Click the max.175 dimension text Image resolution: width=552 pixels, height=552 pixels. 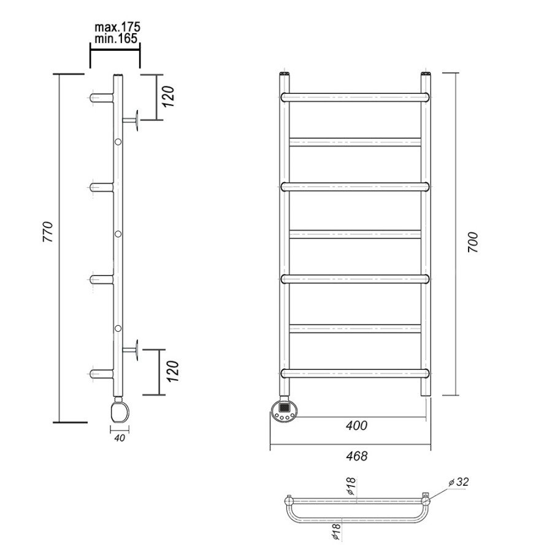tap(117, 27)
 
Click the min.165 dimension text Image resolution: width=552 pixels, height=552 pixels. tap(116, 38)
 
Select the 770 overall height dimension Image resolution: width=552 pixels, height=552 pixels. tap(48, 231)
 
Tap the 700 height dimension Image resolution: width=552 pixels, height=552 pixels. tap(473, 242)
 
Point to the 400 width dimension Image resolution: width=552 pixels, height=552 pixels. tap(356, 426)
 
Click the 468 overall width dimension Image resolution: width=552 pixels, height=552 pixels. tap(356, 456)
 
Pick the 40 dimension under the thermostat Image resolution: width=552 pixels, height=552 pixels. tap(120, 438)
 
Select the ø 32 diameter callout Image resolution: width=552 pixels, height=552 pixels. tap(459, 481)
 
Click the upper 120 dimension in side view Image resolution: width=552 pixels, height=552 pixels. tap(169, 97)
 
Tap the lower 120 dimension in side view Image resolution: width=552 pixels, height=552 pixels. tap(173, 372)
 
